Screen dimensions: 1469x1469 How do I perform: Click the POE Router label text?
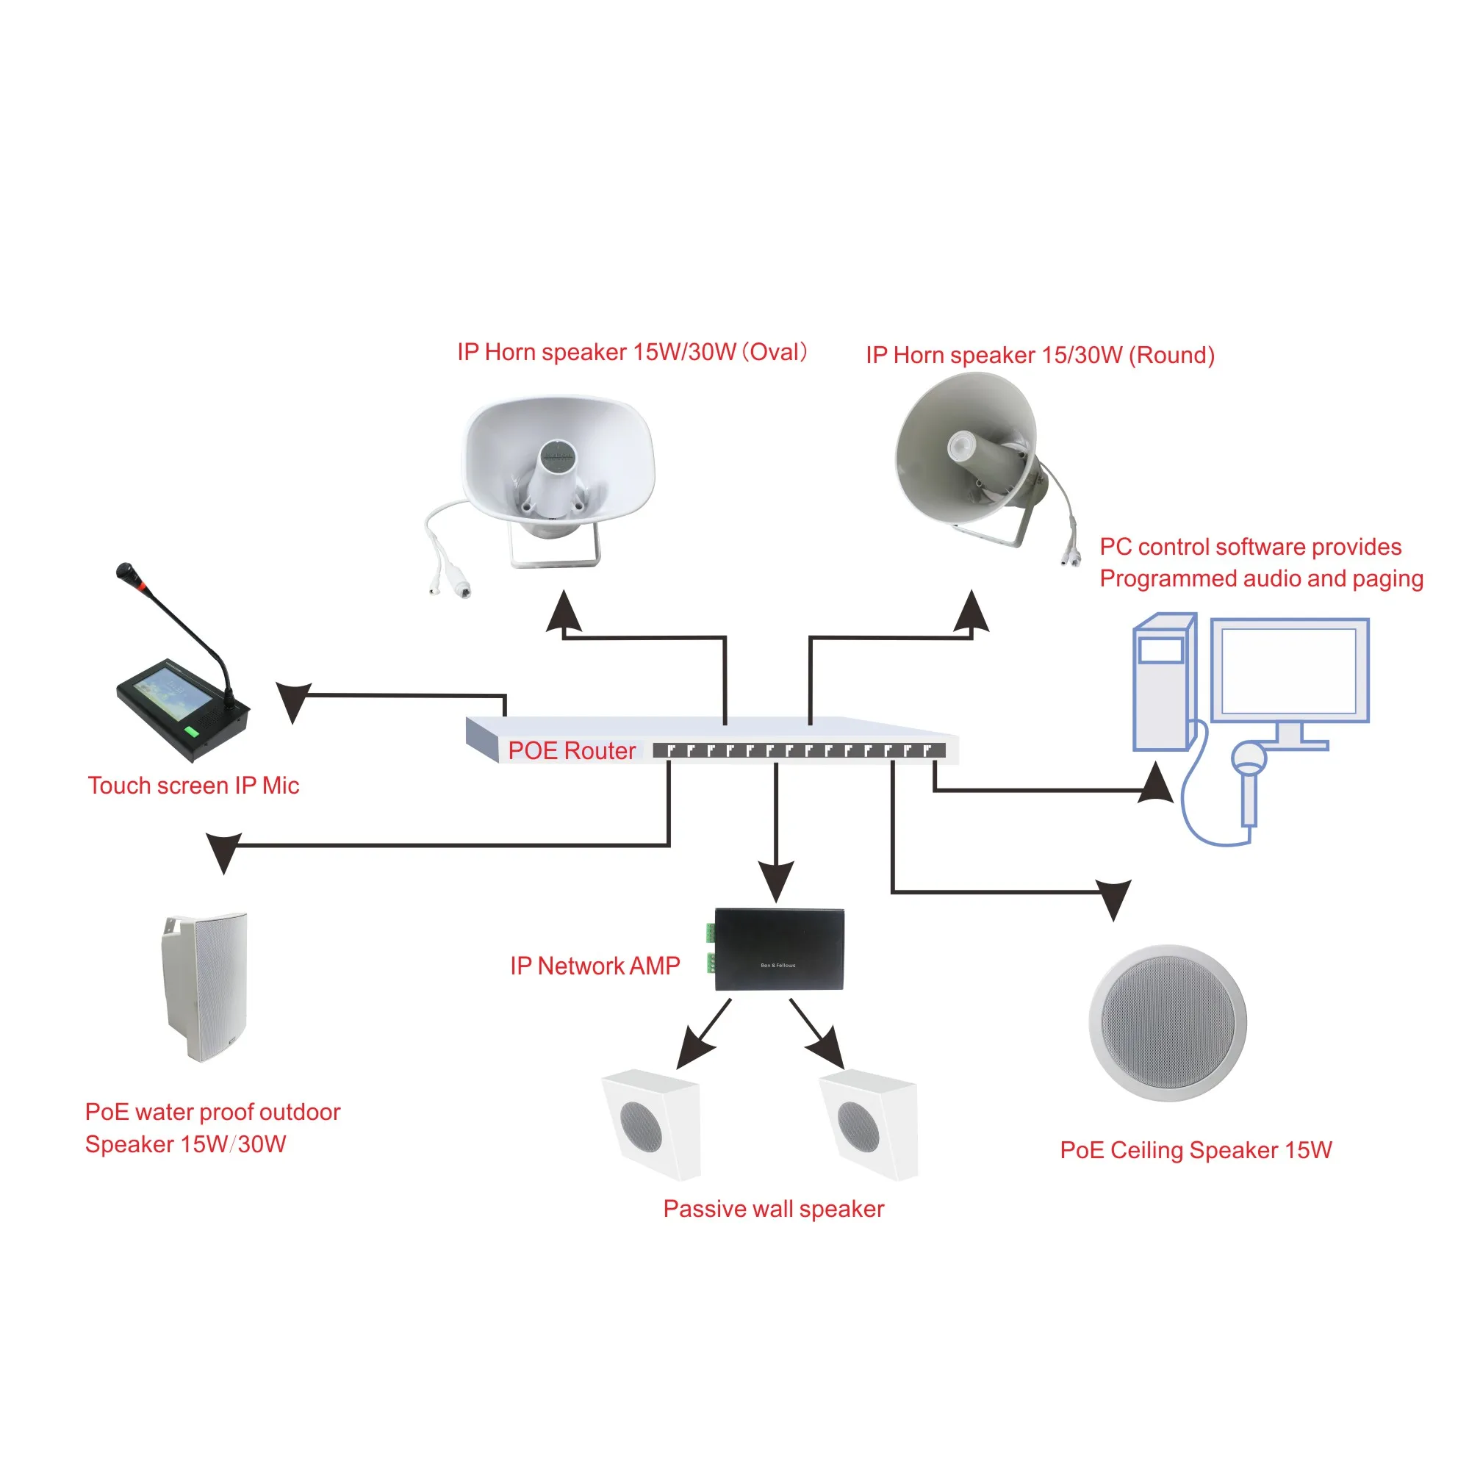[571, 751]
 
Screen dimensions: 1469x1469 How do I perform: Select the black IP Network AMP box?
[780, 949]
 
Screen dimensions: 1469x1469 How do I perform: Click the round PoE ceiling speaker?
[1168, 1023]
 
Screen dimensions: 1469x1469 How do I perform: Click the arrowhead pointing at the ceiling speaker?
[1114, 897]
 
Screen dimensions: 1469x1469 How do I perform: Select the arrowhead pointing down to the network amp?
[776, 880]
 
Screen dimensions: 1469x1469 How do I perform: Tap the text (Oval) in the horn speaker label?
[775, 352]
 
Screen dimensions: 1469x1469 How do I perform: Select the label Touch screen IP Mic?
[193, 786]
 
